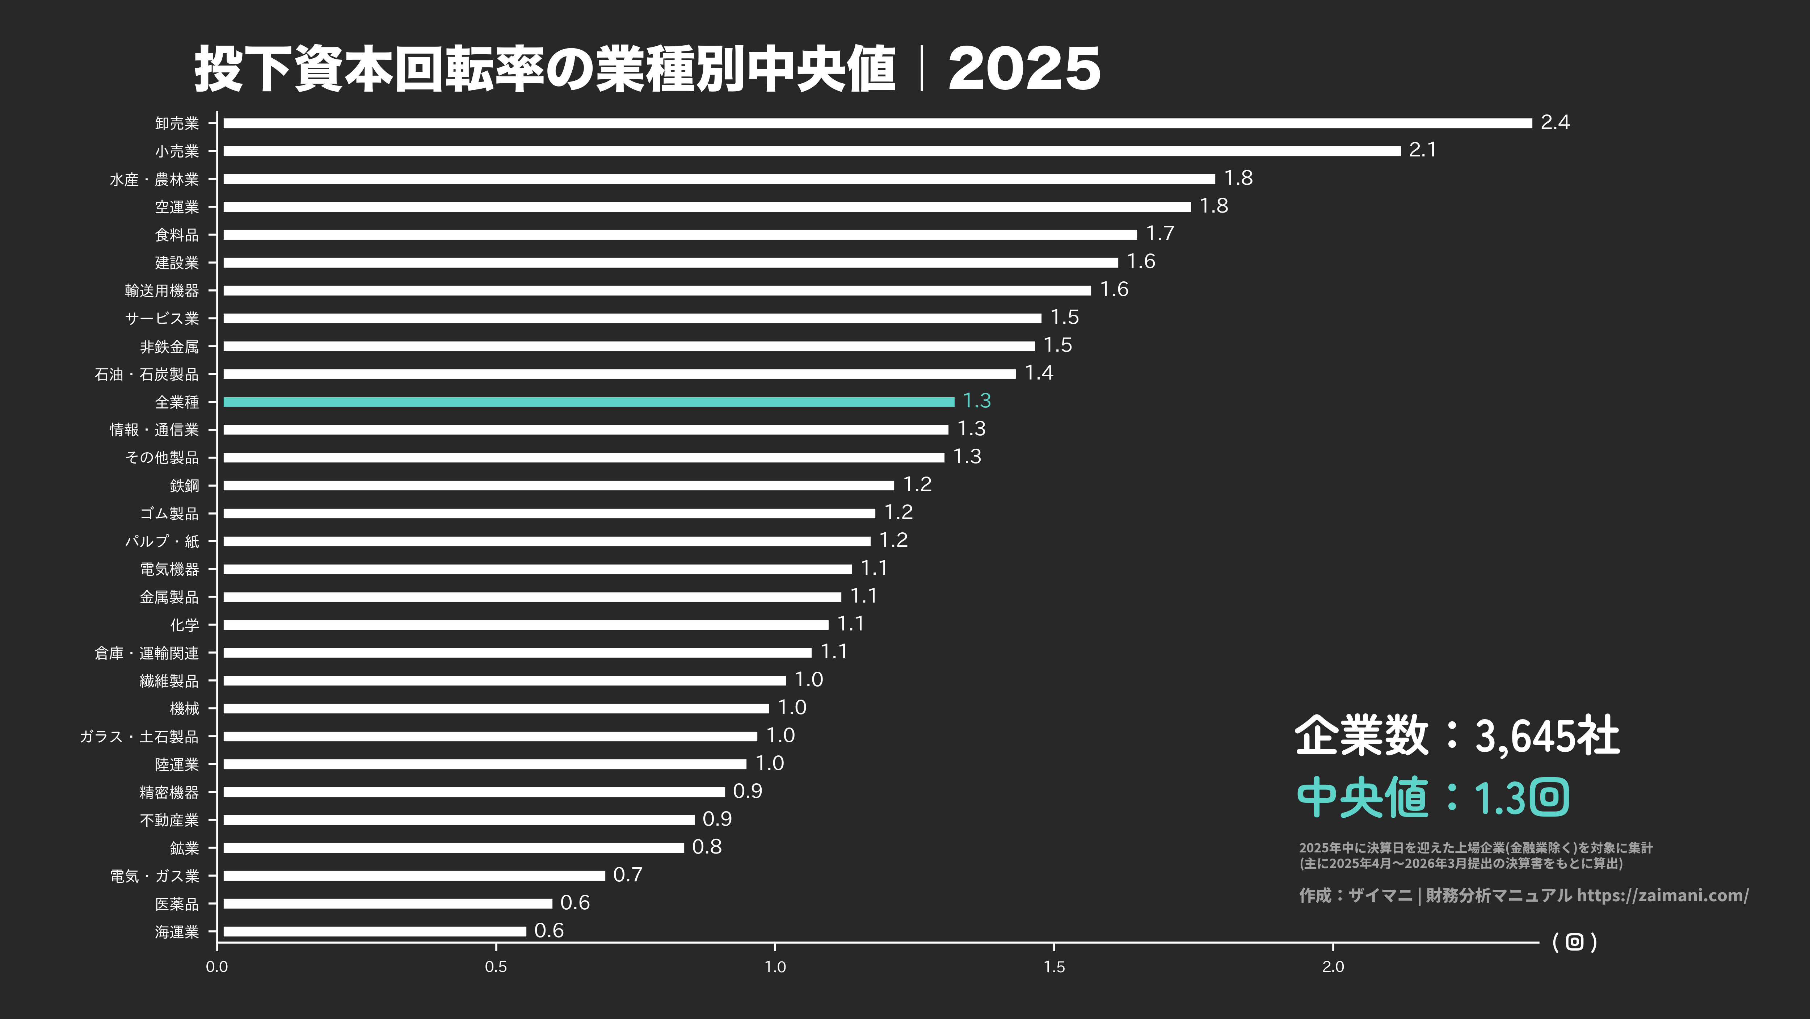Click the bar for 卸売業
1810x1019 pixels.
(x=877, y=123)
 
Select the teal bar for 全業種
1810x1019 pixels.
(x=589, y=402)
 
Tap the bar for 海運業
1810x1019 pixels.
(x=375, y=931)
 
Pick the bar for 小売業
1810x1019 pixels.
(x=812, y=151)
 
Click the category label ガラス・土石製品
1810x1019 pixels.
(x=139, y=737)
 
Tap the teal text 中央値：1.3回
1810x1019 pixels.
(x=1432, y=798)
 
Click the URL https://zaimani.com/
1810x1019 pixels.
(x=1662, y=895)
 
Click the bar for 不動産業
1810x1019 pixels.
(x=459, y=819)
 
